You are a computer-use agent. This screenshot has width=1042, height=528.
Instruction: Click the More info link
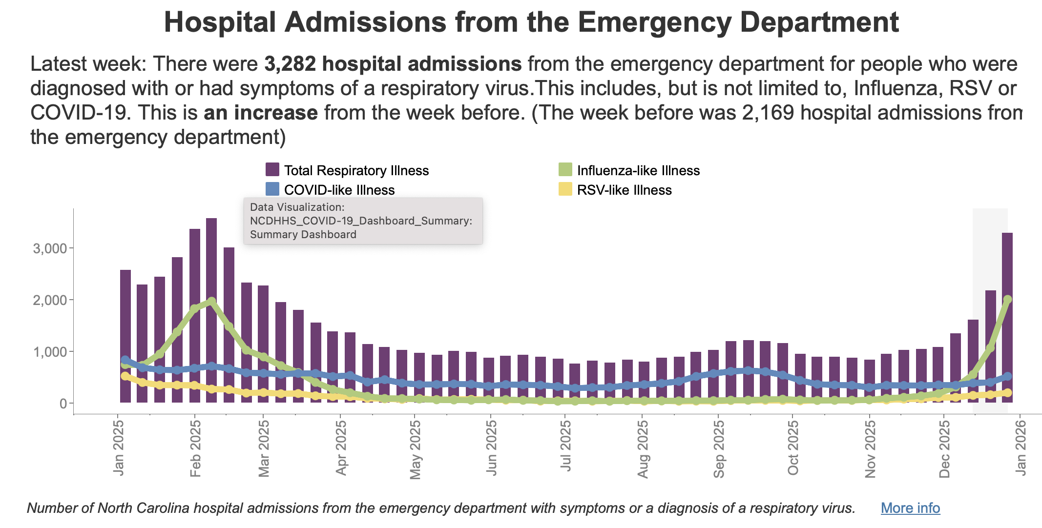(x=910, y=508)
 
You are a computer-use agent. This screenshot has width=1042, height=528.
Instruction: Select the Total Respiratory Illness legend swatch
(x=272, y=170)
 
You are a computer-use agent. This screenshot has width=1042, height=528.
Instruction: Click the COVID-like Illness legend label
(x=339, y=190)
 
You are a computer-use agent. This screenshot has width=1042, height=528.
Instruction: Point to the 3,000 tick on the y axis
(x=49, y=248)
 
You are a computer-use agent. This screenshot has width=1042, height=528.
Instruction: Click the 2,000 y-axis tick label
(x=49, y=300)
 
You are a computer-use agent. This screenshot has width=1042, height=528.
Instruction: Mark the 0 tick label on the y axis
(x=63, y=404)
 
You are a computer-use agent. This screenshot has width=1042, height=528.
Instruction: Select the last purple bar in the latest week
(x=1007, y=317)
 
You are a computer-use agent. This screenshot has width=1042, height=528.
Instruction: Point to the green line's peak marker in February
(x=211, y=301)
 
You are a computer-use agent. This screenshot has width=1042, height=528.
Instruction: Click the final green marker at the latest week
(x=1007, y=299)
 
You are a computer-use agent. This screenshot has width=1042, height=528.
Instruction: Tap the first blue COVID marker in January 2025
(x=125, y=360)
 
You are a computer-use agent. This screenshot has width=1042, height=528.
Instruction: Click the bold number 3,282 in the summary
(x=290, y=64)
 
